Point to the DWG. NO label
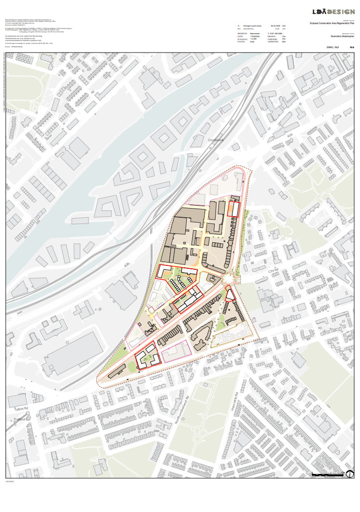point(333,47)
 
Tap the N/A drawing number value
point(352,47)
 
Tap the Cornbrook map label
point(216,140)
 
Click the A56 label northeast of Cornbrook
point(290,138)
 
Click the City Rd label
point(273,271)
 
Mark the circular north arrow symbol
point(350,475)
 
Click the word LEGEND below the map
point(10,481)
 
